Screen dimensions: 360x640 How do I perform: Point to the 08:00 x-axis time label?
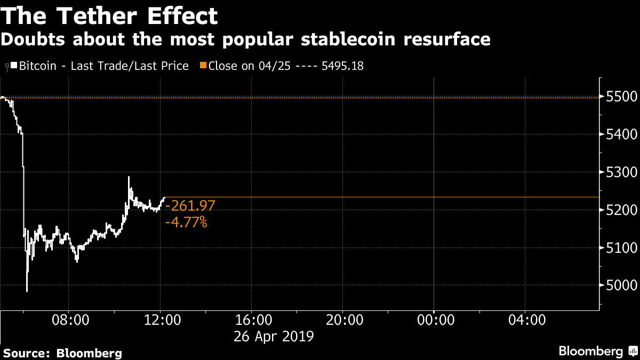(69, 320)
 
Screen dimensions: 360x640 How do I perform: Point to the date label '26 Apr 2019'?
(274, 337)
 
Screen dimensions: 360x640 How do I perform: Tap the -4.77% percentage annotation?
(186, 222)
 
